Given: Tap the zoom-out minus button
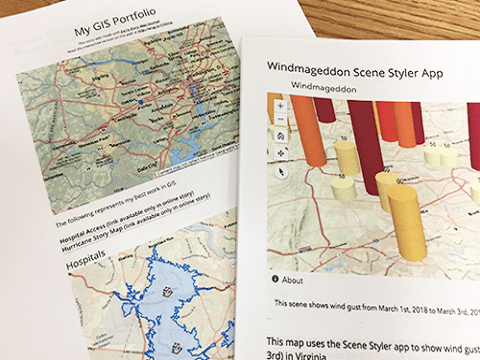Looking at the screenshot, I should click(x=279, y=119).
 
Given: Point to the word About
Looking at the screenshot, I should click(x=295, y=279).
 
